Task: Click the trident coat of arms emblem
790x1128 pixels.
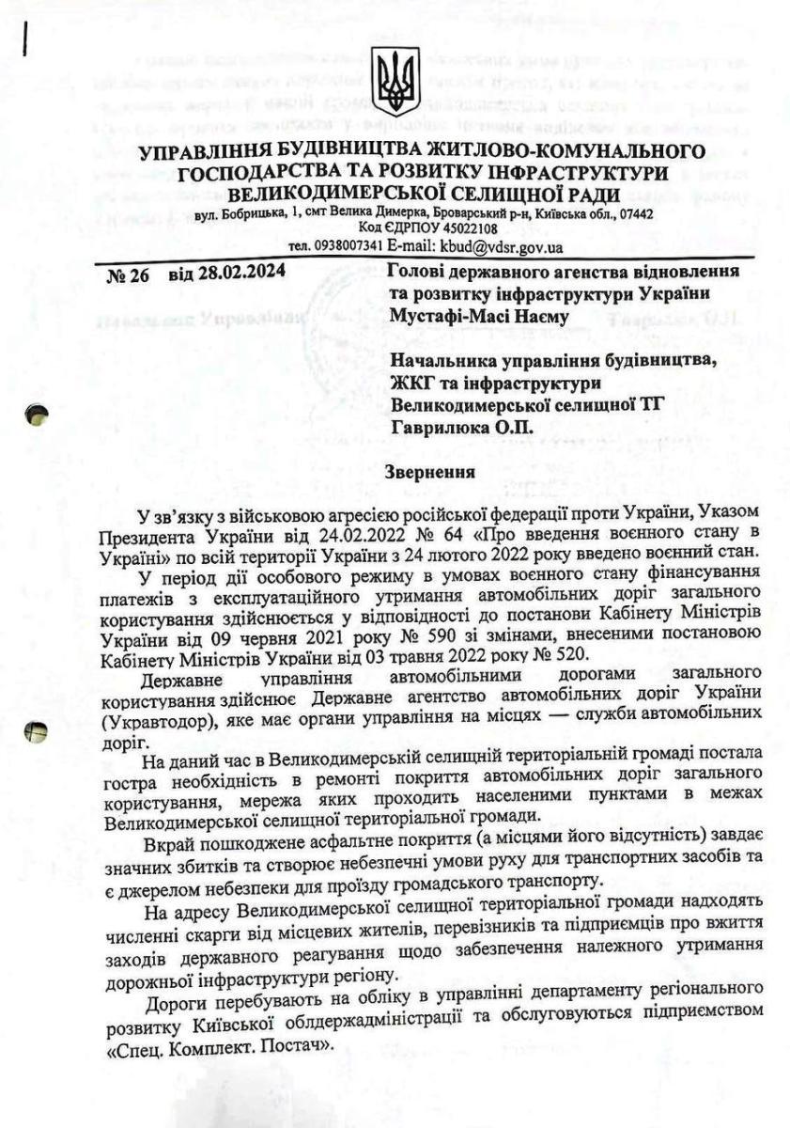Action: (x=395, y=83)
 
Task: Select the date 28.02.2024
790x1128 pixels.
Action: (x=227, y=274)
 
